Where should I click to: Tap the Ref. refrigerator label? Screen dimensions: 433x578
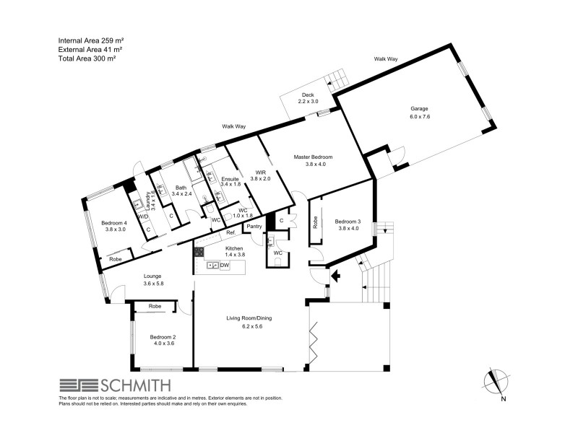pos(231,233)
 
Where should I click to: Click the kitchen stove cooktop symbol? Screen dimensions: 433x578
pos(198,253)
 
